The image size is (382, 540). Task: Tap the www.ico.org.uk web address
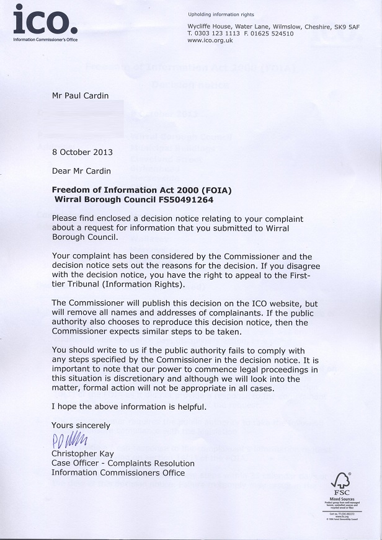click(210, 40)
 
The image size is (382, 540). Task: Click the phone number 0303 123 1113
click(219, 33)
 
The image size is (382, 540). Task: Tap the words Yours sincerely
click(81, 426)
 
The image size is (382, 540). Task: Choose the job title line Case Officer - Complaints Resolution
click(123, 463)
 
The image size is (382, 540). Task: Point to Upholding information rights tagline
click(221, 14)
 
